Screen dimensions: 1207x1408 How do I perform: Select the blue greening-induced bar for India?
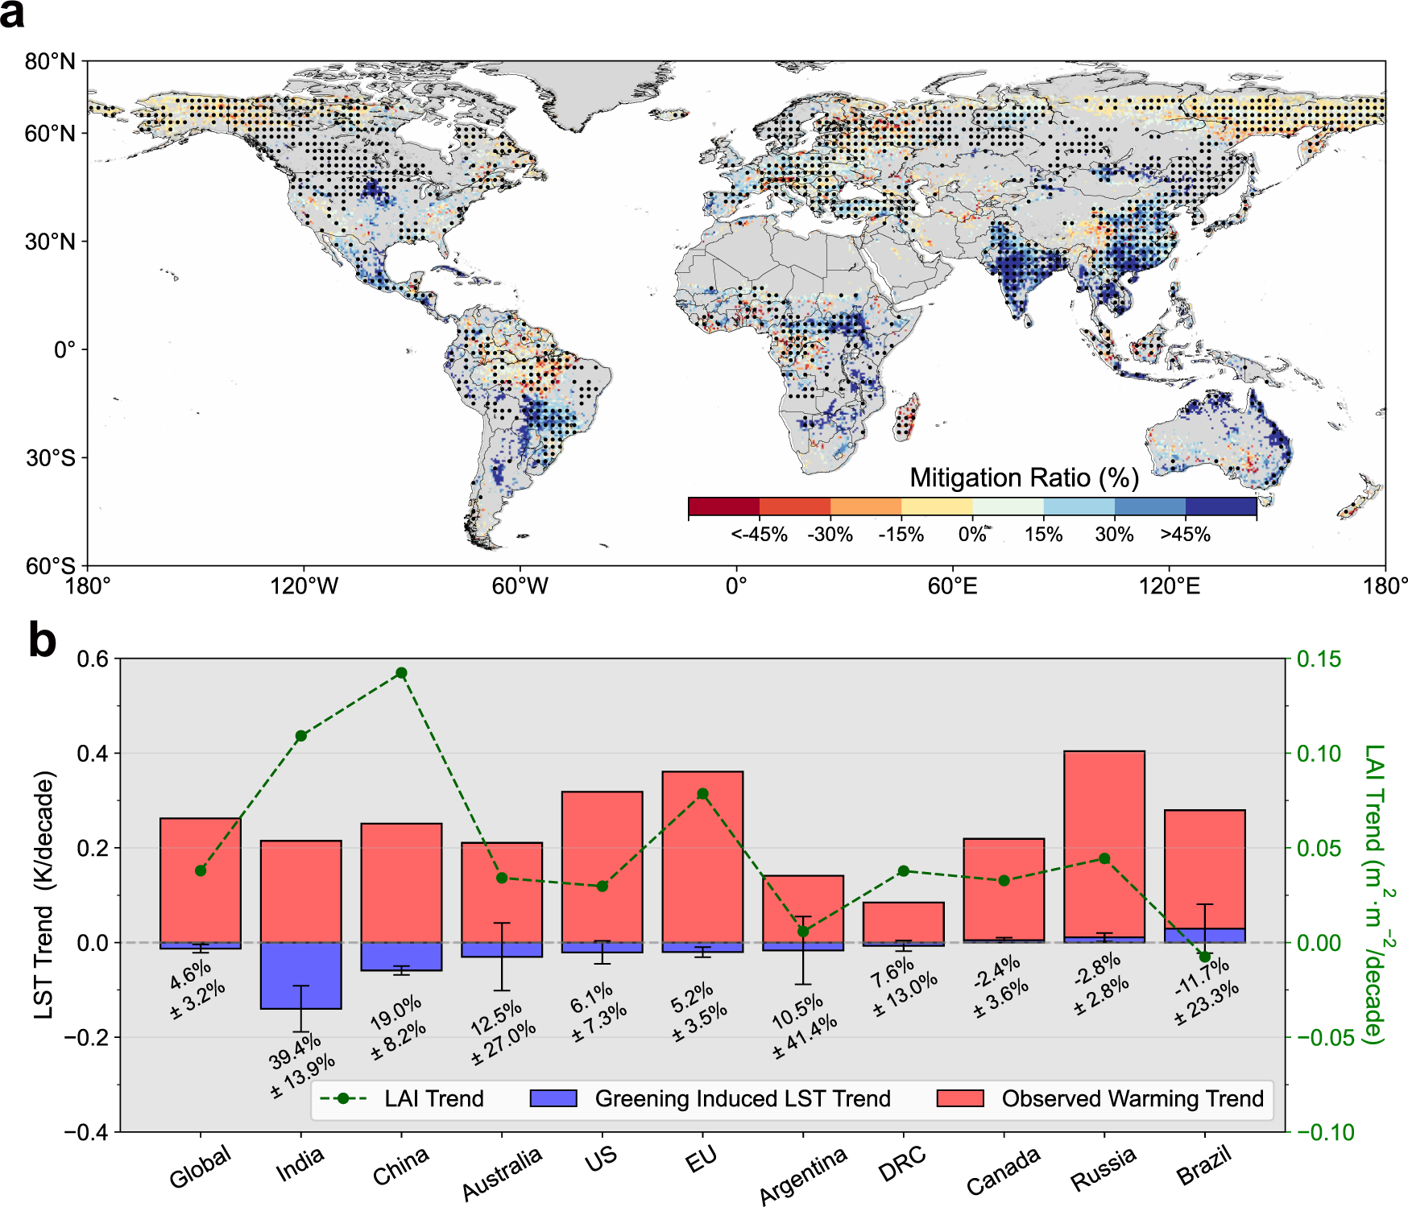coord(300,975)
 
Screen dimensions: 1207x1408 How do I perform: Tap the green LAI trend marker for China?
coord(401,673)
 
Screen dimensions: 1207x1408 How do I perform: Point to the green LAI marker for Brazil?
coord(1204,957)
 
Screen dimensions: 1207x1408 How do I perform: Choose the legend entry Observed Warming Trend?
coord(1132,1099)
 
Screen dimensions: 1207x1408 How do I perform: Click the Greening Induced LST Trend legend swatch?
coord(553,1099)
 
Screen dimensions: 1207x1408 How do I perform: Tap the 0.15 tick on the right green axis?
coord(1319,659)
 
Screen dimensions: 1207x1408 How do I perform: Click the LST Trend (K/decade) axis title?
coord(44,895)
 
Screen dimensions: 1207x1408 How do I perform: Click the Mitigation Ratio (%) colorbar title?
coord(1024,478)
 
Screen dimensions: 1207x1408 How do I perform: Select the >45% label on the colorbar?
coord(1185,535)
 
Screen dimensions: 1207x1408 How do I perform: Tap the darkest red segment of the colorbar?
coord(723,506)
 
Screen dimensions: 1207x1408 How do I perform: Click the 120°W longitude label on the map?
coord(304,585)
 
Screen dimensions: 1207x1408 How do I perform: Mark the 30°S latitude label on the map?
coord(50,458)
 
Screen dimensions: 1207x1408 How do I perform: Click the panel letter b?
coord(42,642)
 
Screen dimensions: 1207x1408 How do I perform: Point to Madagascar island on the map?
coord(907,415)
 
